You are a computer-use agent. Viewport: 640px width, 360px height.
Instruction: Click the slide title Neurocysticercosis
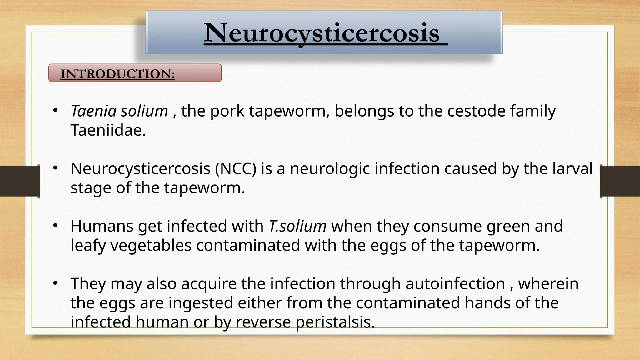(x=322, y=33)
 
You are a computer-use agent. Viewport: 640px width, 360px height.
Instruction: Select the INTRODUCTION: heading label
(x=117, y=74)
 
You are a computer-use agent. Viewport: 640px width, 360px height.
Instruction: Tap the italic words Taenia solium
(x=119, y=111)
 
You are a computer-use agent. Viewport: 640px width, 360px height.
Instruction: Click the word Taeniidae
(x=108, y=130)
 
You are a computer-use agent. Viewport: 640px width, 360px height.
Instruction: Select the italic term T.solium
(x=297, y=226)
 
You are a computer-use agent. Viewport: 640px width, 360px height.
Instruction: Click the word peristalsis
(x=335, y=322)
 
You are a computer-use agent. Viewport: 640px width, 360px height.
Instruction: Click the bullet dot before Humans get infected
(x=55, y=226)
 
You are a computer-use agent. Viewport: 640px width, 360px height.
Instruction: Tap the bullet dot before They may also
(x=55, y=283)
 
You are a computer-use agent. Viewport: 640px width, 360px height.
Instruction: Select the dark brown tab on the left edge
(x=20, y=182)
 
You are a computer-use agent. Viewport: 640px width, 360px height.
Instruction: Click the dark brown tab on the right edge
(x=620, y=182)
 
